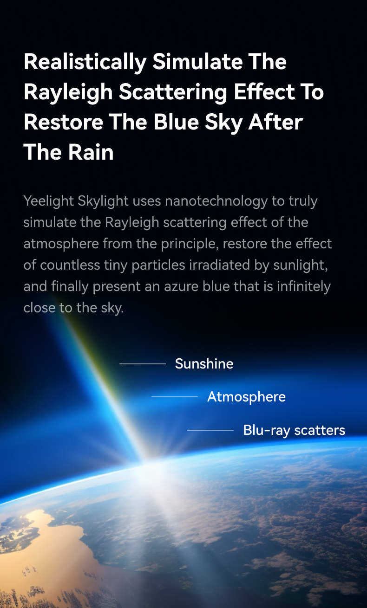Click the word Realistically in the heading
[85, 62]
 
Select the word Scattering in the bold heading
[173, 92]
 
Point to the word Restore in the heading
[63, 122]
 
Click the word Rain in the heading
[91, 152]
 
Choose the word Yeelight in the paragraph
[49, 201]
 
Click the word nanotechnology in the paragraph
[216, 201]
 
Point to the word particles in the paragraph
[158, 265]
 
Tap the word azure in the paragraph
[181, 287]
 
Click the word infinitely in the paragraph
[304, 287]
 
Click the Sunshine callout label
[204, 364]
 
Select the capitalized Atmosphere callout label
[246, 397]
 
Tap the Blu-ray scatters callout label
[294, 431]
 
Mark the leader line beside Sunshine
[143, 364]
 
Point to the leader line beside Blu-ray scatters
[210, 430]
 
